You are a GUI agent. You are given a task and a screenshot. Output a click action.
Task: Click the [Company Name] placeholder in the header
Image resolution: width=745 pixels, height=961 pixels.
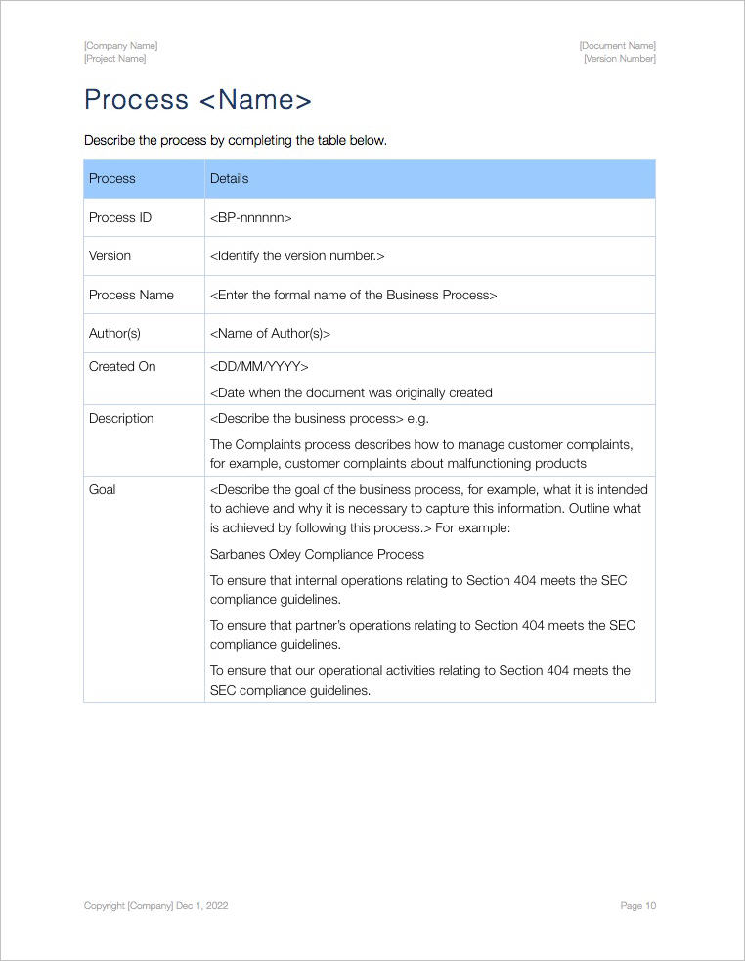(120, 46)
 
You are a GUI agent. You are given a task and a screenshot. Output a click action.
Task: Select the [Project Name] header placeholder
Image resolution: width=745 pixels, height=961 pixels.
(115, 59)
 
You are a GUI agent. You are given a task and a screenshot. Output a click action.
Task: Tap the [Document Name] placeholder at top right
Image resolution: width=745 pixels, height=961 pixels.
(617, 46)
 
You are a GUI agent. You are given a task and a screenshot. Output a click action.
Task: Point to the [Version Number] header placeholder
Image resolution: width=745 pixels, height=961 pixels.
(619, 59)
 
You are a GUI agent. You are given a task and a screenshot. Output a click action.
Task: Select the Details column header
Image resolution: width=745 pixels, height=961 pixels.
(230, 179)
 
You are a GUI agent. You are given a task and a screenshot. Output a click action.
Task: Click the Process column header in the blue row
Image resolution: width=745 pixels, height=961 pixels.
(112, 179)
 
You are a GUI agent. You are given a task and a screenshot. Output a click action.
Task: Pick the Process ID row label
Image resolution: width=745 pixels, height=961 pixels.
(120, 217)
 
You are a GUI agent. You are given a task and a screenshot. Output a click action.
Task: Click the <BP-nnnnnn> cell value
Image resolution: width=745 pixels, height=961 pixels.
(251, 217)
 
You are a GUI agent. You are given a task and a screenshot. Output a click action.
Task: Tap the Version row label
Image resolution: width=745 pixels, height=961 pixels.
(110, 255)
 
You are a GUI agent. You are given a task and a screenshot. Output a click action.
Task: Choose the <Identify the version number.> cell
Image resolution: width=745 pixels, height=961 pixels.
(297, 255)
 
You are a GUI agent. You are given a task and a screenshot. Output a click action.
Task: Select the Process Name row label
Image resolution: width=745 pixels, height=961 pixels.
(131, 295)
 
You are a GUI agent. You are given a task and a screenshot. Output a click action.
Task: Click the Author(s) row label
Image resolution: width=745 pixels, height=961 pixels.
(115, 333)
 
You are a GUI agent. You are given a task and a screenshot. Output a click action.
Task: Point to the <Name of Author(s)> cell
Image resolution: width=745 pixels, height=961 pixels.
(271, 333)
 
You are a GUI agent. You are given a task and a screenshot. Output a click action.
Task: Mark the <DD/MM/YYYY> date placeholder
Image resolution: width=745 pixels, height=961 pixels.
(259, 367)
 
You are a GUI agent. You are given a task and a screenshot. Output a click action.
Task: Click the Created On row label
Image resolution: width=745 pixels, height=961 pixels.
(122, 367)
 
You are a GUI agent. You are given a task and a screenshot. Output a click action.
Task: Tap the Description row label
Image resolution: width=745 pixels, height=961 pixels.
(121, 419)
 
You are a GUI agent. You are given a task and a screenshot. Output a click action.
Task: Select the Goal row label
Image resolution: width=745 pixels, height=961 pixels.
(103, 489)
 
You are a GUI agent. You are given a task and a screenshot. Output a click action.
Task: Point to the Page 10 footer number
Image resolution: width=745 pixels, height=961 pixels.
(637, 906)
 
